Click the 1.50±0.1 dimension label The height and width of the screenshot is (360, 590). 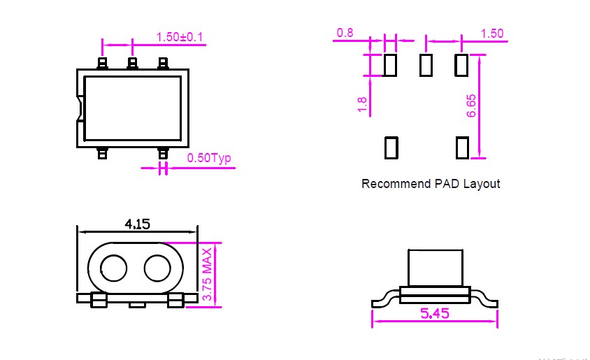coord(180,37)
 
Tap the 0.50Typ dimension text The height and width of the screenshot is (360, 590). coord(209,158)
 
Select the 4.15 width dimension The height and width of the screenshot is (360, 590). coord(137,224)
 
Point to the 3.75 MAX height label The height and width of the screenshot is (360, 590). coord(208,274)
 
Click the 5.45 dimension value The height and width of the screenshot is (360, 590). coord(435,313)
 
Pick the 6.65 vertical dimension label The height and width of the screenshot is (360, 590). coord(471,106)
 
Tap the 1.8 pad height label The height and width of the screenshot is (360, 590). coord(362,104)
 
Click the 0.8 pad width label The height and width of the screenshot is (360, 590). coord(345,33)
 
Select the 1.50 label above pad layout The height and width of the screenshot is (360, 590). coord(492,34)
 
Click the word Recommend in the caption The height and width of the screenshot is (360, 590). coord(396,184)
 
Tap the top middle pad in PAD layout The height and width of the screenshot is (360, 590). coord(426,65)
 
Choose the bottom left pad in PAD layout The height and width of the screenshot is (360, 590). coord(391,147)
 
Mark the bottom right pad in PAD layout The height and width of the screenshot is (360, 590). coord(463,147)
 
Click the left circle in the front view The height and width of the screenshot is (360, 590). coord(114,268)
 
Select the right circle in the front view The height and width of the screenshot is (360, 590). coord(157,268)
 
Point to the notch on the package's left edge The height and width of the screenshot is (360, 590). coord(80,109)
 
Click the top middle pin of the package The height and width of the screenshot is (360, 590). coord(132,63)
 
